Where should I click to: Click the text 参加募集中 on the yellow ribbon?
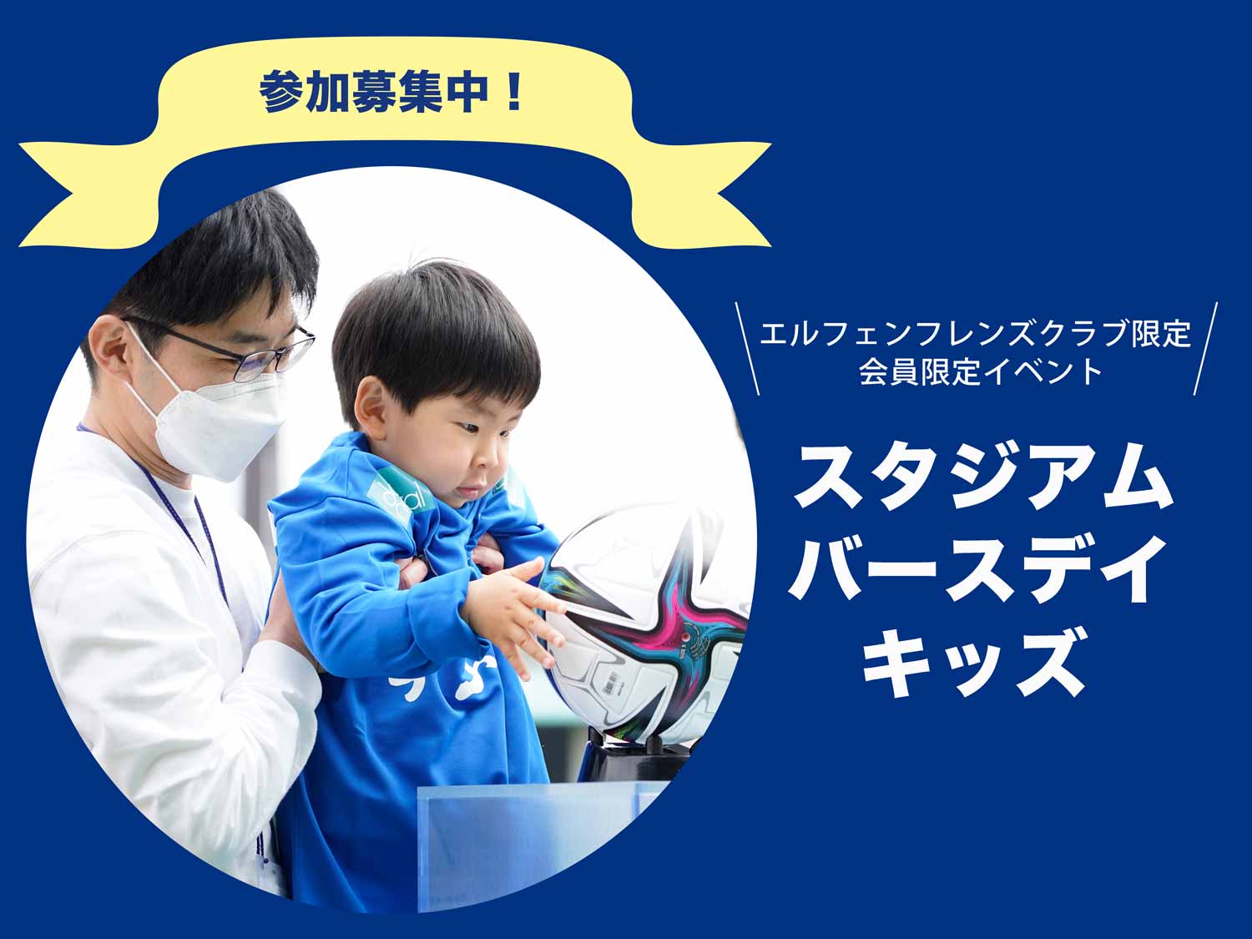373,92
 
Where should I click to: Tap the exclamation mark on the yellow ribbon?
514,91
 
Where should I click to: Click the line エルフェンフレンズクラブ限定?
976,334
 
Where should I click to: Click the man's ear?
110,352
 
